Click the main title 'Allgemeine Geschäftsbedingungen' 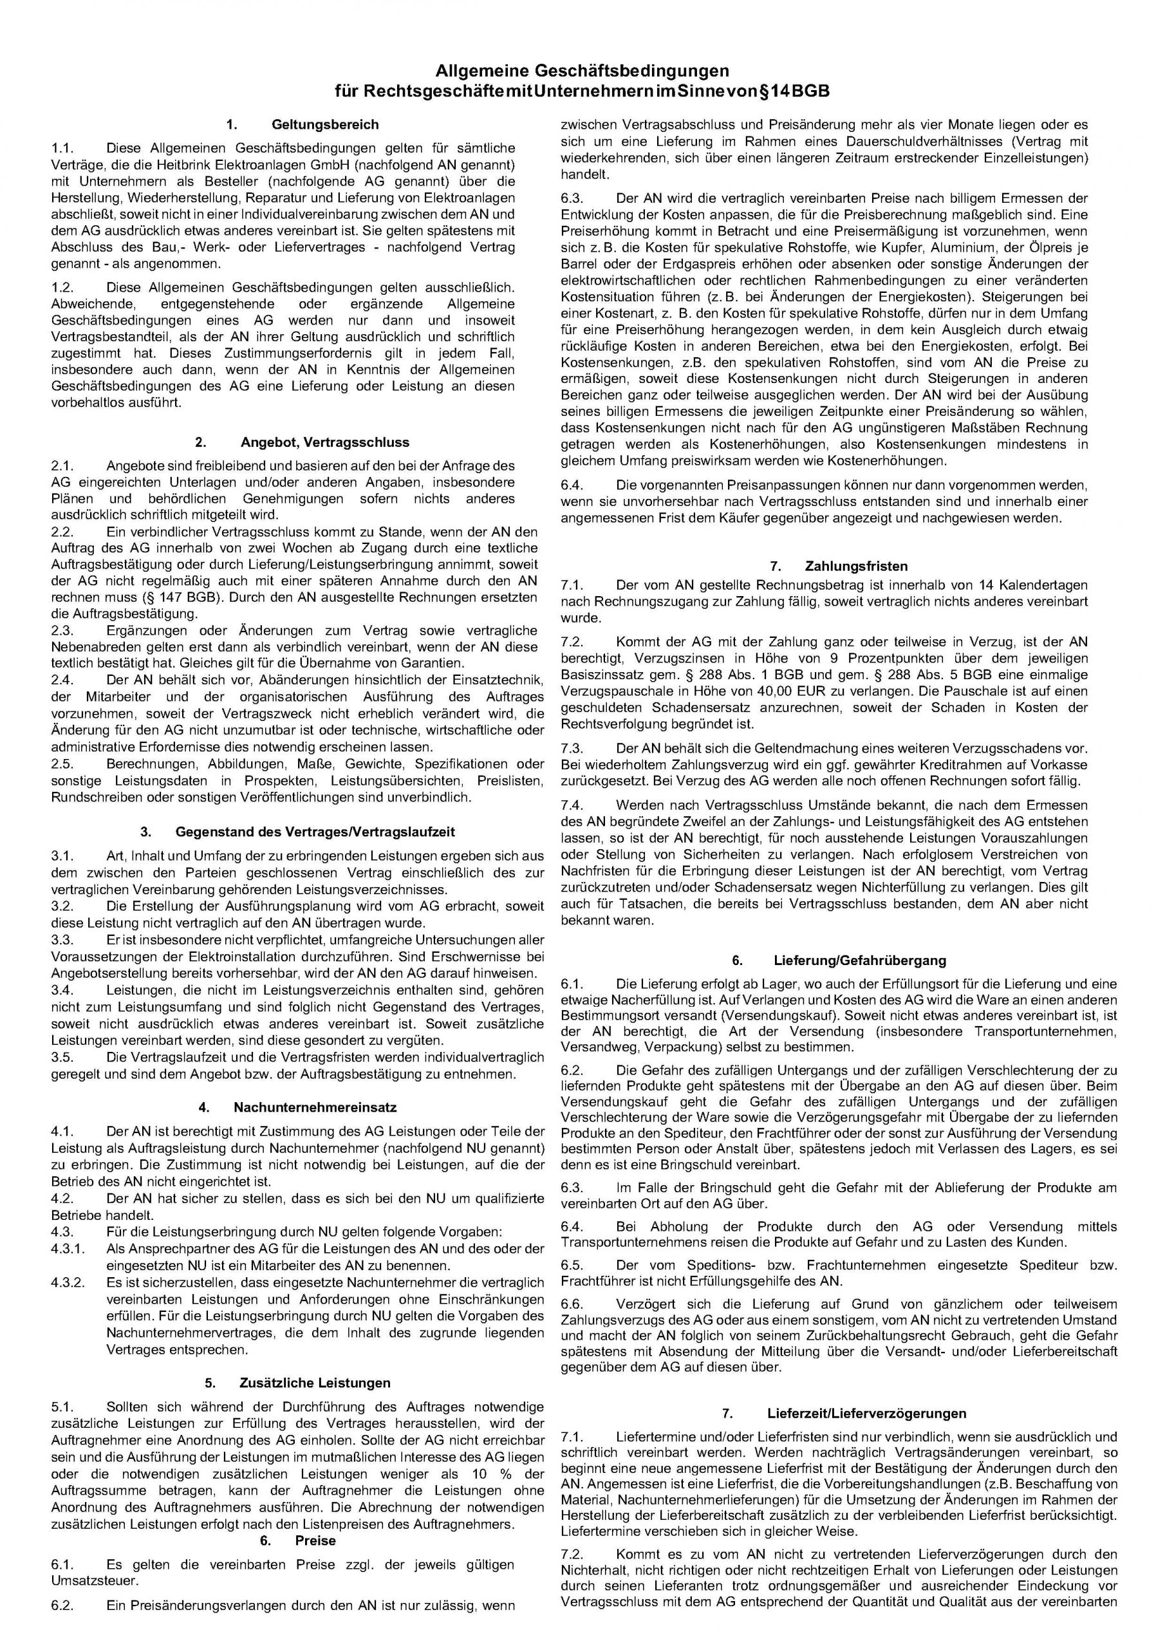coord(582,71)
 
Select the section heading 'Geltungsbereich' coord(324,125)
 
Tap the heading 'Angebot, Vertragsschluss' coord(324,442)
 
